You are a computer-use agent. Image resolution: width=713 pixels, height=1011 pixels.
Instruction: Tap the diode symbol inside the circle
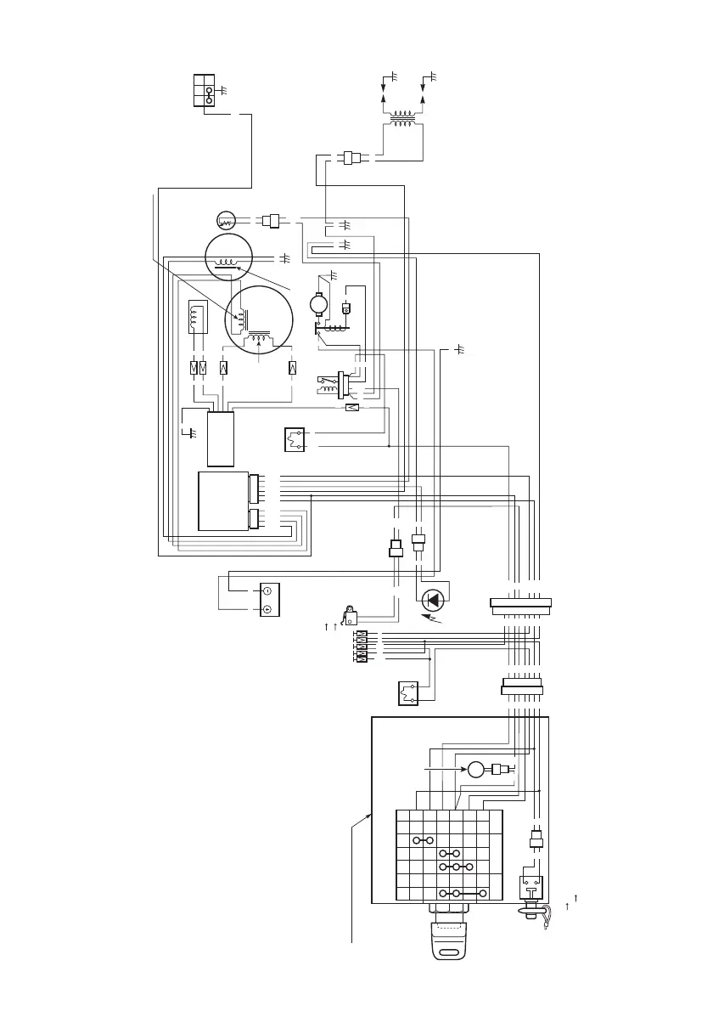434,600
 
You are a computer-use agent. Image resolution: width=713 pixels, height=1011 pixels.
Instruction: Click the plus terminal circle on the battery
267,609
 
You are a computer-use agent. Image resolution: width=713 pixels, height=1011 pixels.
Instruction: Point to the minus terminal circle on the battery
267,590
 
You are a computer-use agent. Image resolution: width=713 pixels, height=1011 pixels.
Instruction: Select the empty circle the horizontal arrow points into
474,770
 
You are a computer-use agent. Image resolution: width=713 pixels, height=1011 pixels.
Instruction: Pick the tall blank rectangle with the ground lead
221,439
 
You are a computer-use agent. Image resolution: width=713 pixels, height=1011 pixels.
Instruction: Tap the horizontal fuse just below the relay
352,408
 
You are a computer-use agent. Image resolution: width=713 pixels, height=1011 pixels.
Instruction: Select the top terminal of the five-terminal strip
362,635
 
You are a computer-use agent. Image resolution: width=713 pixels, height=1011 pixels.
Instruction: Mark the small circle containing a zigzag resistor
226,220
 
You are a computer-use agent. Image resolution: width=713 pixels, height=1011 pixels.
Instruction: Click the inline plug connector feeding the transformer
350,157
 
